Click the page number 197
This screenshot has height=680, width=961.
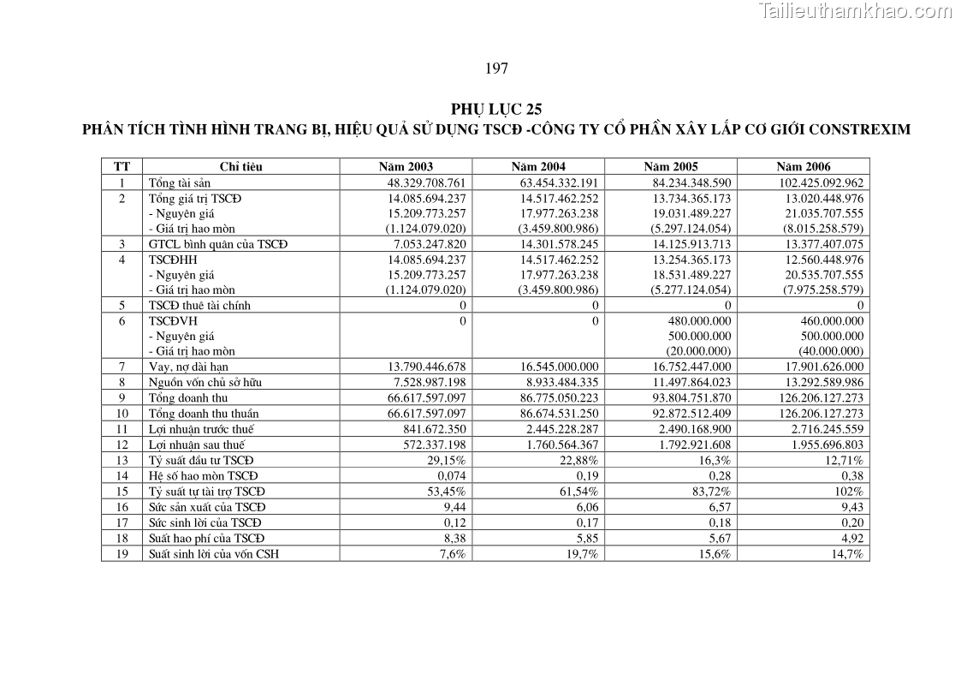coord(496,69)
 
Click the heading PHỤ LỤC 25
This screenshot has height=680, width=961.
coord(496,109)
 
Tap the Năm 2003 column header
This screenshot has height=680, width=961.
coord(406,167)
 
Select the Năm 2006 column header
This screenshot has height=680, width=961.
coord(803,167)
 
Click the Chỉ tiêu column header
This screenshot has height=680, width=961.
coord(240,167)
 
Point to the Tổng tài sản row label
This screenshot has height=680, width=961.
coord(180,182)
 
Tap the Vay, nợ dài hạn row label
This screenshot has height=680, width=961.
coord(188,367)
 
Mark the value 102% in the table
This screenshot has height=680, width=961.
coord(851,492)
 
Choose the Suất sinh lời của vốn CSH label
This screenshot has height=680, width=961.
coord(214,553)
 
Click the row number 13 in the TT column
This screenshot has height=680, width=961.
coord(122,461)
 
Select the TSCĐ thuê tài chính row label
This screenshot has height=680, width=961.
coord(199,305)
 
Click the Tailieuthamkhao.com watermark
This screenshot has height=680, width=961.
coord(854,11)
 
